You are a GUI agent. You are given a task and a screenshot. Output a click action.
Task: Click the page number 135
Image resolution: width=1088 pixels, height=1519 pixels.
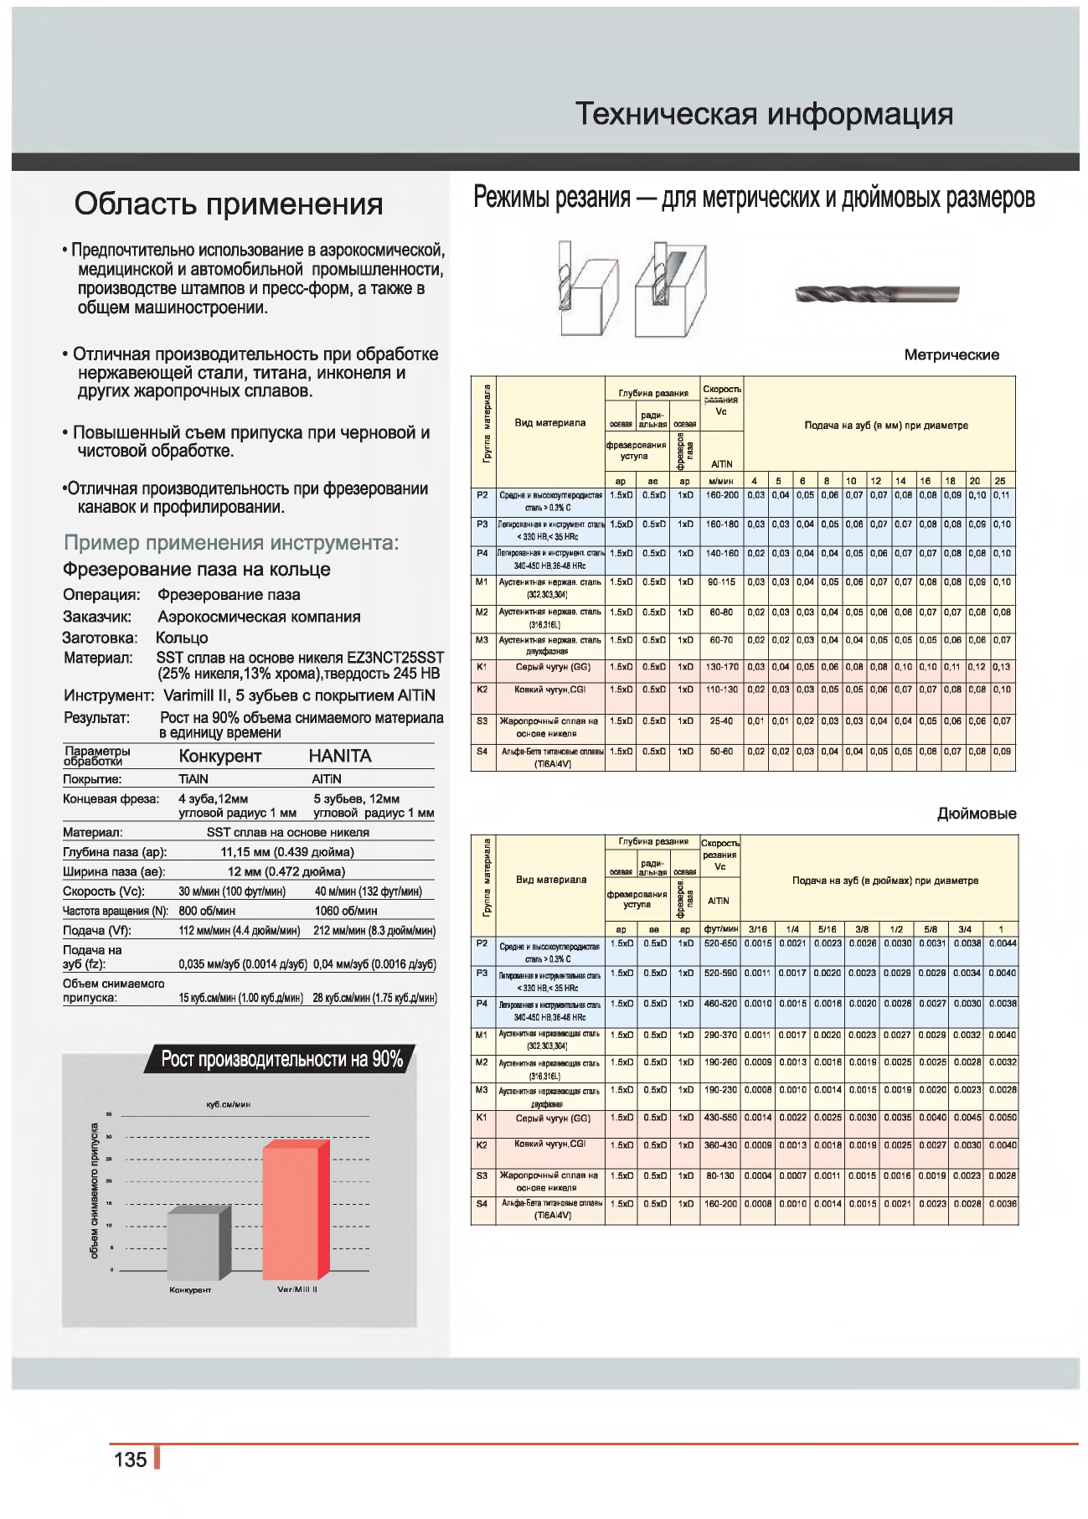click(130, 1460)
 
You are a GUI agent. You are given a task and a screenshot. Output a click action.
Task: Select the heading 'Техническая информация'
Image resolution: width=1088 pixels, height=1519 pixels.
click(764, 114)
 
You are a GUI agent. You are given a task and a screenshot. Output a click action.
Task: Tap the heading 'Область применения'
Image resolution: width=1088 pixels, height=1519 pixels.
click(229, 204)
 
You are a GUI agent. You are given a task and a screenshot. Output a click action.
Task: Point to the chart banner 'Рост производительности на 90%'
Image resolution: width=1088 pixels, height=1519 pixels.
click(281, 1059)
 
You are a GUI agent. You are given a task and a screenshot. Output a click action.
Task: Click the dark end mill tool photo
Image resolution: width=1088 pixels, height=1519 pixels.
click(876, 294)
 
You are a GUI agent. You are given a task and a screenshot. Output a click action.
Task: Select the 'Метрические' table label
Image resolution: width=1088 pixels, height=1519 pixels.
click(951, 355)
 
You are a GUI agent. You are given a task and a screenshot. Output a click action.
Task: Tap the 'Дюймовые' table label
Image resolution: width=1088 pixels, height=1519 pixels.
click(977, 814)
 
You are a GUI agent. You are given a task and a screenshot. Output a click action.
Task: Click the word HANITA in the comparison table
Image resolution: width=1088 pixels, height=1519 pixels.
click(340, 756)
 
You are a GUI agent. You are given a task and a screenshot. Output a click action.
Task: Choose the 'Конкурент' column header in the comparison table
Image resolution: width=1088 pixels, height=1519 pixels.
click(220, 756)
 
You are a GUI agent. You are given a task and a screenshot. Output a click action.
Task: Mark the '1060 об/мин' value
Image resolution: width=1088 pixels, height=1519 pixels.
click(346, 911)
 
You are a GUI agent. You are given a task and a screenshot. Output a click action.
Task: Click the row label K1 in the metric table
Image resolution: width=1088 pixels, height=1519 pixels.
click(482, 667)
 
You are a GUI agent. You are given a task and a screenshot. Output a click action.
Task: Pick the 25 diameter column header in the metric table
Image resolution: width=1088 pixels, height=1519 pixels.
click(1000, 481)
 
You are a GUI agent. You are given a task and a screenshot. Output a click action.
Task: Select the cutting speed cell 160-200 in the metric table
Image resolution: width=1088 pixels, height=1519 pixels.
click(722, 495)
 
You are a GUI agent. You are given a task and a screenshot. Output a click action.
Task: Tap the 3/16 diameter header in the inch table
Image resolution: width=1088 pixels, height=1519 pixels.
click(758, 929)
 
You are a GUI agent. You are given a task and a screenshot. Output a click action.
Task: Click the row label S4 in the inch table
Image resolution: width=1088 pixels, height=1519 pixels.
click(482, 1204)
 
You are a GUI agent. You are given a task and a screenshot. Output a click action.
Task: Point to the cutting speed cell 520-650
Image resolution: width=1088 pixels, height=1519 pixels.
click(721, 943)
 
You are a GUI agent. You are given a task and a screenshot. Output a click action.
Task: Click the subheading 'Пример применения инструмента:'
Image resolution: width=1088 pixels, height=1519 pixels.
click(231, 543)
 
